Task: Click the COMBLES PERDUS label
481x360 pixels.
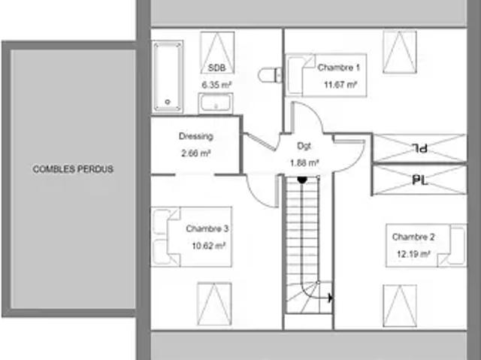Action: pos(73,169)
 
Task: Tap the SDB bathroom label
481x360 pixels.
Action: pos(216,68)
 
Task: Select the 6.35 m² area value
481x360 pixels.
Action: pos(216,85)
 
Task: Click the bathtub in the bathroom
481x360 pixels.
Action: pos(168,77)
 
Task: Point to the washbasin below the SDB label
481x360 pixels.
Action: pos(216,103)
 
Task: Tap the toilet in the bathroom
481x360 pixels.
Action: pos(271,75)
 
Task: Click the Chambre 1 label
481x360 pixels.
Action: pos(339,68)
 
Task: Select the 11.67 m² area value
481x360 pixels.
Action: pos(340,84)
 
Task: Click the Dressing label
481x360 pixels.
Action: pos(196,136)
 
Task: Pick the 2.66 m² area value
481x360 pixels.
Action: pos(195,153)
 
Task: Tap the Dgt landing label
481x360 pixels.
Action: pos(304,147)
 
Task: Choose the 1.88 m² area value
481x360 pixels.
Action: pos(304,162)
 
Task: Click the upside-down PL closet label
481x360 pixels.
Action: pos(419,148)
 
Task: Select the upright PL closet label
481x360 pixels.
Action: pos(420,180)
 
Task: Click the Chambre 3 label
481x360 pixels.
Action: pos(207,228)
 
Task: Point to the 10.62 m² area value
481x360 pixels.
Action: pos(209,246)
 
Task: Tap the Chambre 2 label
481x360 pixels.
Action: pos(413,237)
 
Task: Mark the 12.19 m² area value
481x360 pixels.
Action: pos(413,253)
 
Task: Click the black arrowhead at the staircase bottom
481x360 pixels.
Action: pos(331,298)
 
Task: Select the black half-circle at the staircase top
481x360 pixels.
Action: pos(302,180)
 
